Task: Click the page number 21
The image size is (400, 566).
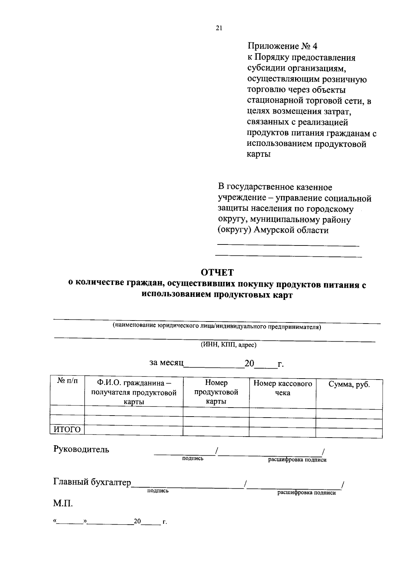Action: click(x=219, y=28)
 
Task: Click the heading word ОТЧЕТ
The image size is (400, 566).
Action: click(x=217, y=272)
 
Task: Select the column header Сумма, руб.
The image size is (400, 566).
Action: click(x=349, y=384)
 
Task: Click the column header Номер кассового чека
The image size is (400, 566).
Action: click(x=283, y=388)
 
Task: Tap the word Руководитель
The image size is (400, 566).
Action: click(x=81, y=449)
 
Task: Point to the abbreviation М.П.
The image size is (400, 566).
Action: click(x=63, y=503)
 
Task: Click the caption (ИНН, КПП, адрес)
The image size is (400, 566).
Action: click(x=228, y=345)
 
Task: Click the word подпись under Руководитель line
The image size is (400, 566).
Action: click(x=193, y=459)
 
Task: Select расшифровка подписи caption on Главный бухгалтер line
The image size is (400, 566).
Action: click(x=306, y=493)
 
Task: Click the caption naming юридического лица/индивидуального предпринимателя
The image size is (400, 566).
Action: click(x=217, y=327)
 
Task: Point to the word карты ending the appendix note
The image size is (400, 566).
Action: click(x=259, y=154)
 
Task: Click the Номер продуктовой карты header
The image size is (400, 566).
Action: click(x=216, y=392)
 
